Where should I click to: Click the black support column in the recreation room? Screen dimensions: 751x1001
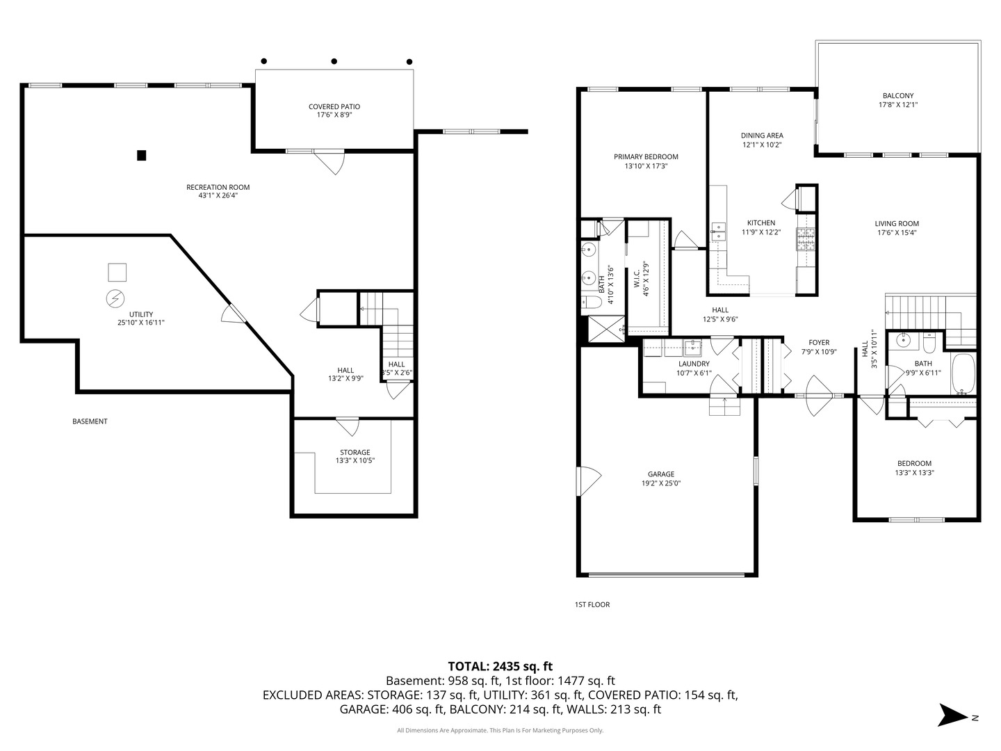click(x=141, y=156)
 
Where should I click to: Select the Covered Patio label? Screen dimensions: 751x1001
click(x=334, y=106)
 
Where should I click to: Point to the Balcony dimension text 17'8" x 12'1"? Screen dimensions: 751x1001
click(x=898, y=105)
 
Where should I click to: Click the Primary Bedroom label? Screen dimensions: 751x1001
click(x=646, y=156)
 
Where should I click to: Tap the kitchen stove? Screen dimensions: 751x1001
click(x=806, y=239)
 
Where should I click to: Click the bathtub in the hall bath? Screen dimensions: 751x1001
click(x=963, y=373)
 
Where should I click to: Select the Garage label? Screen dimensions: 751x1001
click(x=661, y=474)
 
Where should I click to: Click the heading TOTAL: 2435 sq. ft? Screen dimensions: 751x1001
click(x=500, y=666)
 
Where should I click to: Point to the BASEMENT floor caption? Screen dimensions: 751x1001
click(x=90, y=421)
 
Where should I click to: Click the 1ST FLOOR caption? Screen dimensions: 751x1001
click(x=592, y=604)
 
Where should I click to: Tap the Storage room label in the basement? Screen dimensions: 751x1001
click(x=355, y=452)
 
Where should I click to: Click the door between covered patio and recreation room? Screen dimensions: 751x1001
click(x=328, y=161)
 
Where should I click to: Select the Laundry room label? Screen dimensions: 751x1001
click(x=693, y=364)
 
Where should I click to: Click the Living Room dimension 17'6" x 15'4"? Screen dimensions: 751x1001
click(x=897, y=233)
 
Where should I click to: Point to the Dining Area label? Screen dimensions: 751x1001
click(x=762, y=136)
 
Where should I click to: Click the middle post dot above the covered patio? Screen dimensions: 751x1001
click(x=334, y=61)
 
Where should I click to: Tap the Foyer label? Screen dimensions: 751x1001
click(x=819, y=342)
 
